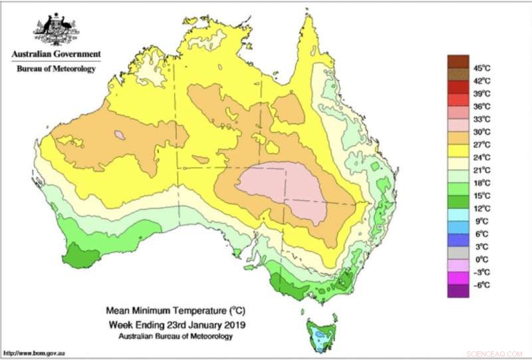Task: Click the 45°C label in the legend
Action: pyautogui.click(x=482, y=67)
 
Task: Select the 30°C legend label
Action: pyautogui.click(x=482, y=132)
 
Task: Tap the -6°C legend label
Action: pyautogui.click(x=482, y=285)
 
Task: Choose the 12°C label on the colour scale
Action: pyautogui.click(x=482, y=208)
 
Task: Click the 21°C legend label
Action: pyautogui.click(x=482, y=170)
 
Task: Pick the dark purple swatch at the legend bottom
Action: pyautogui.click(x=458, y=291)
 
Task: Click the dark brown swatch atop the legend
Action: pyautogui.click(x=458, y=61)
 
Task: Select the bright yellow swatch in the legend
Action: pyautogui.click(x=458, y=151)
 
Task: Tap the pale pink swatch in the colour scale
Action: pyautogui.click(x=458, y=125)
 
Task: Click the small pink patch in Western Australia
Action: pyautogui.click(x=120, y=135)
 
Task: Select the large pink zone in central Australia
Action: pyautogui.click(x=283, y=190)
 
